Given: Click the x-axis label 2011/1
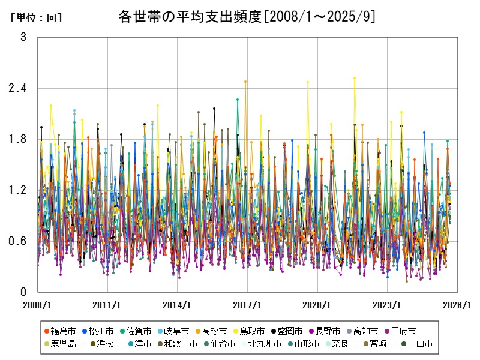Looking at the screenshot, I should (x=107, y=305).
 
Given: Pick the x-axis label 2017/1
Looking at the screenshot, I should (x=248, y=305).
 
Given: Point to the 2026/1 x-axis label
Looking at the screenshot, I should (x=458, y=305).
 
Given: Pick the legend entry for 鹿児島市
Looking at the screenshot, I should (x=64, y=344).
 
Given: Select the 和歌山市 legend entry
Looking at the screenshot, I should (x=177, y=344).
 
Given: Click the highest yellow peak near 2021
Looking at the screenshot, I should (x=355, y=78).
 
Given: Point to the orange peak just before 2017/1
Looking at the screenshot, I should (x=245, y=82).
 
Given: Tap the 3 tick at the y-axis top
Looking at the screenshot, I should (x=23, y=37).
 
